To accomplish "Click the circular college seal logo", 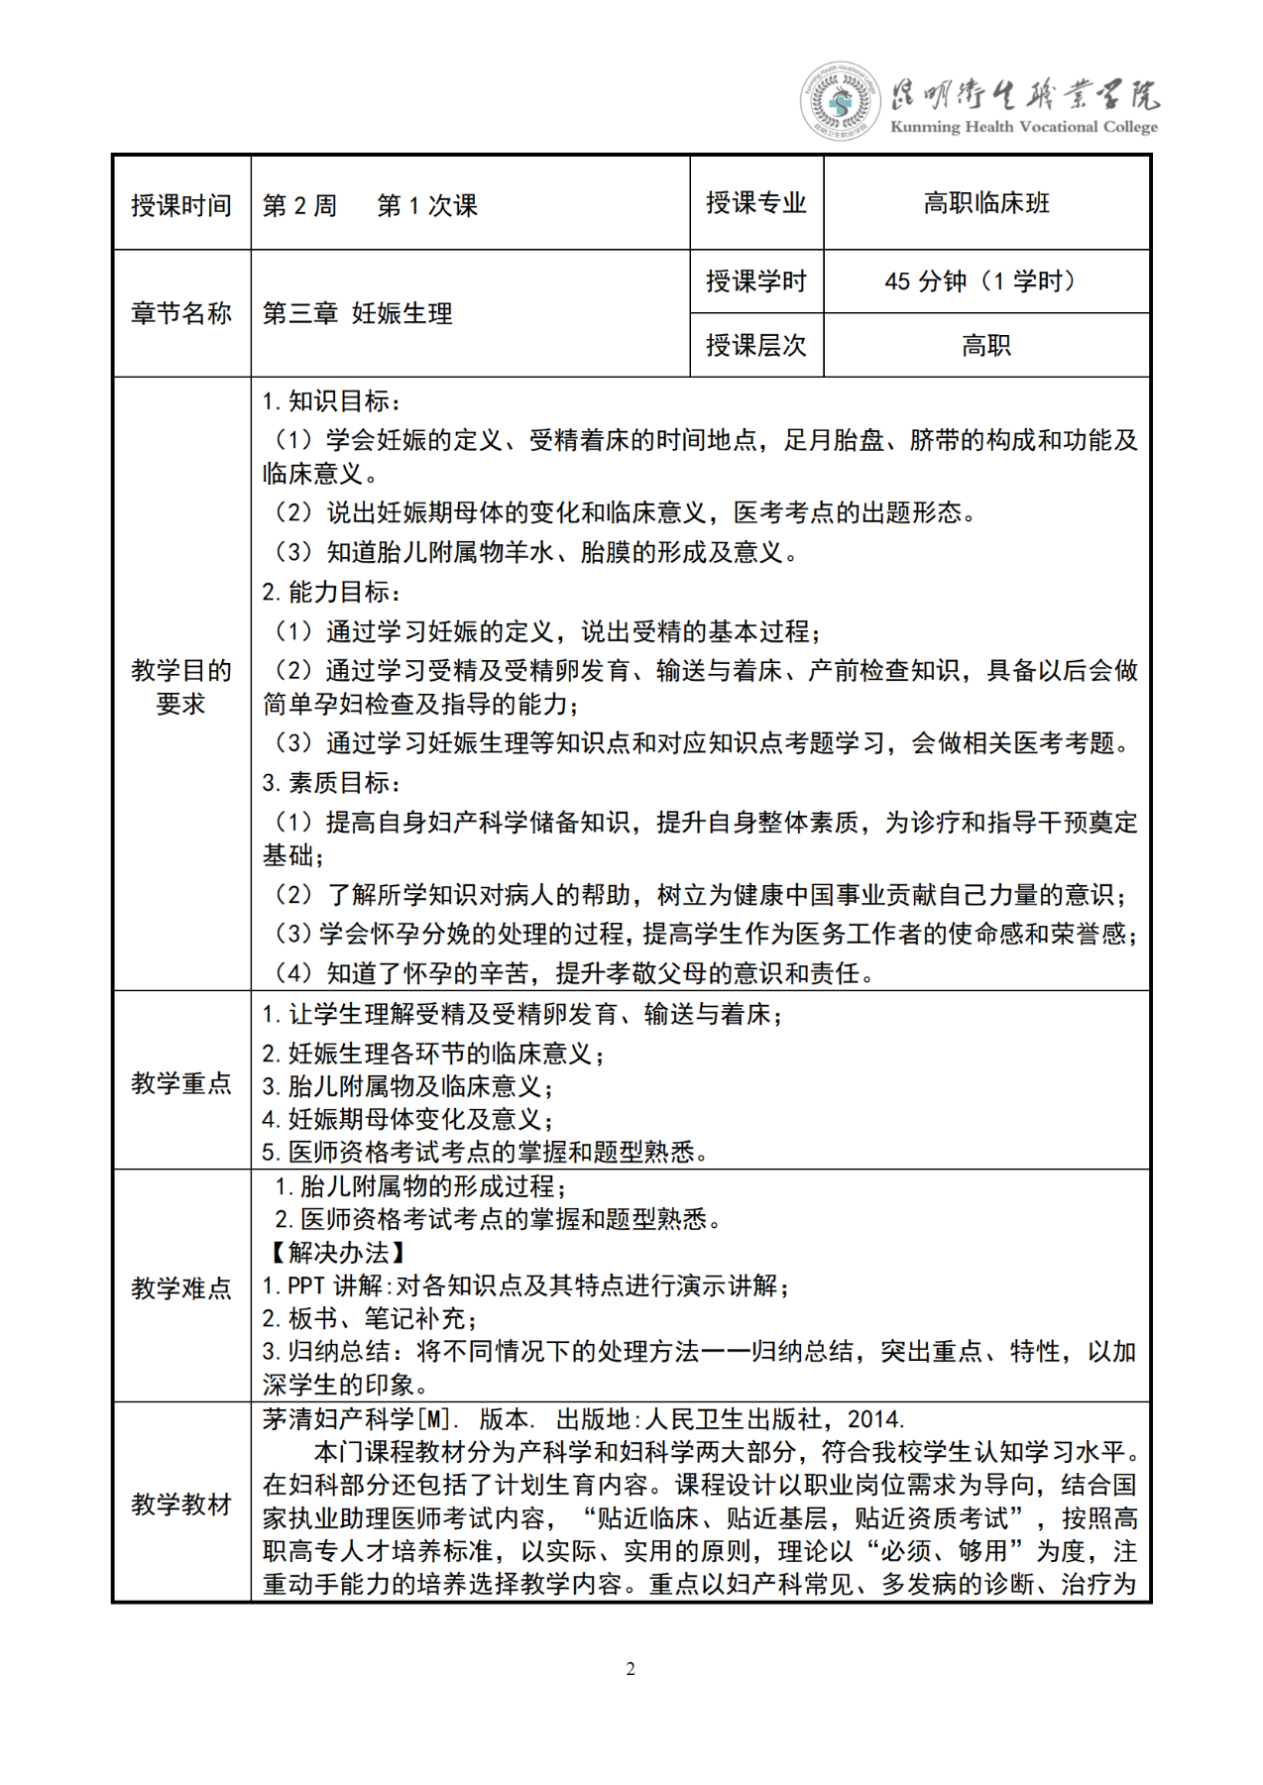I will [840, 100].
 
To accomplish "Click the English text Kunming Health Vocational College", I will [1023, 127].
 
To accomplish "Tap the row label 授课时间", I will [181, 205].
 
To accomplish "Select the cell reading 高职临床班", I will [986, 203].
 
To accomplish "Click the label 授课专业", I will [756, 203].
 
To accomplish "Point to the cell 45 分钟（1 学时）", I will [985, 281].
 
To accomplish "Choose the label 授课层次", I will [756, 345].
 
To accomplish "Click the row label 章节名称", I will [181, 313].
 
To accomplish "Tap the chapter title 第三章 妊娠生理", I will [358, 313].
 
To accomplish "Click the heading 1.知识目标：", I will [332, 401].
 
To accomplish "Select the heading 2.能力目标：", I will [332, 592].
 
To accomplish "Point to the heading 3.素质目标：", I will [332, 782].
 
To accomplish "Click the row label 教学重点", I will [181, 1082].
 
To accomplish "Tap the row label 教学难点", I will [181, 1287].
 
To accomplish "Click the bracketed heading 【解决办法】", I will [338, 1253].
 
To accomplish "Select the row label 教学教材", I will [181, 1504].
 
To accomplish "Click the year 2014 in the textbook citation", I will [875, 1419].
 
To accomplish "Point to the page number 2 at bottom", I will [631, 1669].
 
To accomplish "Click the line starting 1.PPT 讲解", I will [526, 1285].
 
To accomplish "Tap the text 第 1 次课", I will [427, 205].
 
